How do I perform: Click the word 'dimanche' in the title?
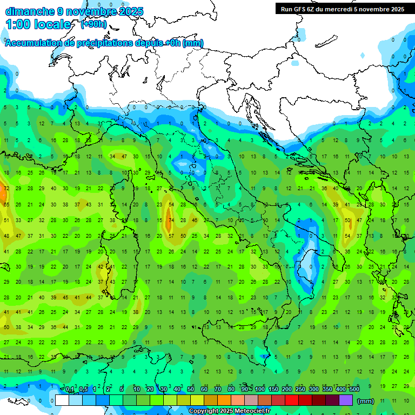(29, 11)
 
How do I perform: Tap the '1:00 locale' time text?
(38, 24)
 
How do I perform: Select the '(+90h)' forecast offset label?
(93, 24)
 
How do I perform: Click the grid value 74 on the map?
(171, 220)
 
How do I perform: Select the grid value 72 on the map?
(6, 189)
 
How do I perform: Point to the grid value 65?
(6, 205)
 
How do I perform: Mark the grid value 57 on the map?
(171, 236)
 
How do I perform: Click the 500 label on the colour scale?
(354, 390)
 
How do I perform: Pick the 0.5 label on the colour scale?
(84, 390)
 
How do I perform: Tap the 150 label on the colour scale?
(273, 390)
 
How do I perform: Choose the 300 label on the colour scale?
(313, 390)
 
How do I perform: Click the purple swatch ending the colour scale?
(346, 400)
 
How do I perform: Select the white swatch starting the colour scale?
(62, 400)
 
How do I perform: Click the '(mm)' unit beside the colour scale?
(366, 401)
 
